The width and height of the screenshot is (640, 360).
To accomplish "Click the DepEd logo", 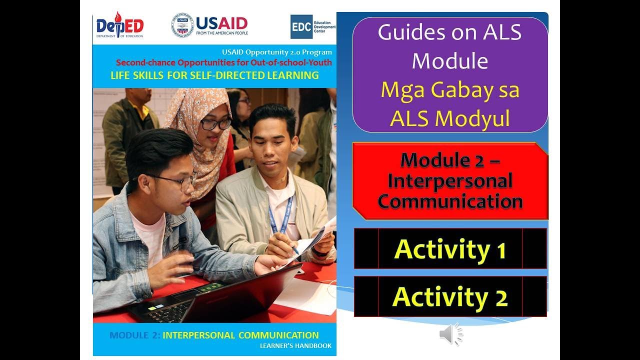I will point(119,26).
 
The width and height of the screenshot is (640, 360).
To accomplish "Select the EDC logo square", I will point(301,26).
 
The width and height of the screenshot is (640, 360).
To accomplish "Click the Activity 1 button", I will point(450,249).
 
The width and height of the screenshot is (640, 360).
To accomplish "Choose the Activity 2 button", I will point(450,296).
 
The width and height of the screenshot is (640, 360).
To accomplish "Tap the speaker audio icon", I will point(450,334).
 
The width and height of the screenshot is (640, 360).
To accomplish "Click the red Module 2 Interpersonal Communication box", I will point(450,180).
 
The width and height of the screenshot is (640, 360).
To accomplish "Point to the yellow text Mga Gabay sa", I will point(450,90).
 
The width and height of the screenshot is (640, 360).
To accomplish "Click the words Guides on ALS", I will point(450,32).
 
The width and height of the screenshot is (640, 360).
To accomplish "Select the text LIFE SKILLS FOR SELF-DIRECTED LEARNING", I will point(214,75).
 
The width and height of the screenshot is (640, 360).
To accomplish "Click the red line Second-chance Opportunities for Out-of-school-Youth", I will point(223,62).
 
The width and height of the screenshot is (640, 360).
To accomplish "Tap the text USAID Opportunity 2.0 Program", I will point(277,52).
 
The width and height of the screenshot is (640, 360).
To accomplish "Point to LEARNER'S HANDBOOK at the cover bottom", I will point(295,345).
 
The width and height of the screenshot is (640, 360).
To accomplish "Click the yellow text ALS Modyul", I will point(450,118).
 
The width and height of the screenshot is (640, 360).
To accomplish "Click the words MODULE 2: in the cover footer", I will point(134,335).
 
